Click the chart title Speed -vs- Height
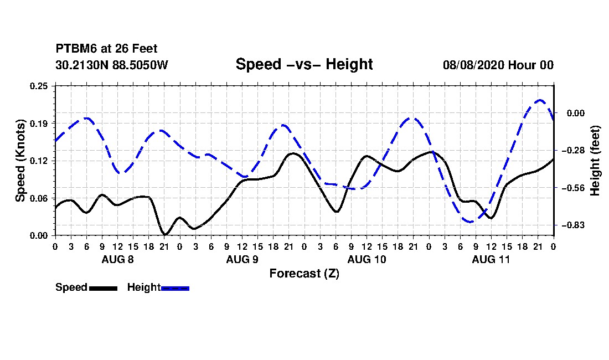304,64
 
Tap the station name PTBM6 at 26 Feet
106,49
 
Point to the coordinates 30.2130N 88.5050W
111,65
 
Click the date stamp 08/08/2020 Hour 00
498,65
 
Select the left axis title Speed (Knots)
20,161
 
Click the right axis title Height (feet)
595,161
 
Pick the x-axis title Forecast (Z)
304,274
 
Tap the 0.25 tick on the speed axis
39,86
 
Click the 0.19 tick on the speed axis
39,124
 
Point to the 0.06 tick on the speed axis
39,198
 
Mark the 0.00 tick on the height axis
576,113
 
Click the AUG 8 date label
118,259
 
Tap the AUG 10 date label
367,259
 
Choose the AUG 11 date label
491,259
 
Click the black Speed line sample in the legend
104,288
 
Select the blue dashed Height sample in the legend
175,288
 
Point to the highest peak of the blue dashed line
539,100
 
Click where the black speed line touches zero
164,234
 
